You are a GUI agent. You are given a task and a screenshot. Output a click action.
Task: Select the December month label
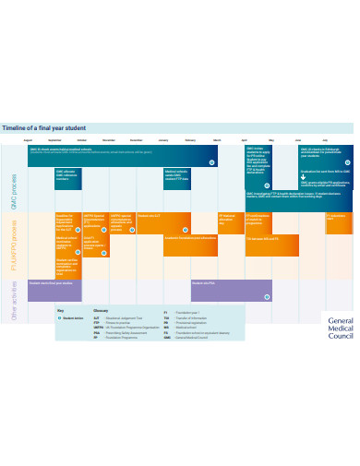tap(137, 139)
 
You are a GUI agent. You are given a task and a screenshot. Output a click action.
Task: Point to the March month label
tap(218, 139)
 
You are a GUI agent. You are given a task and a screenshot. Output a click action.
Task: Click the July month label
tap(325, 139)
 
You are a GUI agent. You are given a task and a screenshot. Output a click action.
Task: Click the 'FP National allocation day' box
tap(229, 221)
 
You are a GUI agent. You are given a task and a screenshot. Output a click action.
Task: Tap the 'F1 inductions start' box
tap(338, 221)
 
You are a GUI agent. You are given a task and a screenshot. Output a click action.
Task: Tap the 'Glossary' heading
tap(101, 311)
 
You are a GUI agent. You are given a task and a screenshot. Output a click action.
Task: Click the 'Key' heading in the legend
tap(60, 311)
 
